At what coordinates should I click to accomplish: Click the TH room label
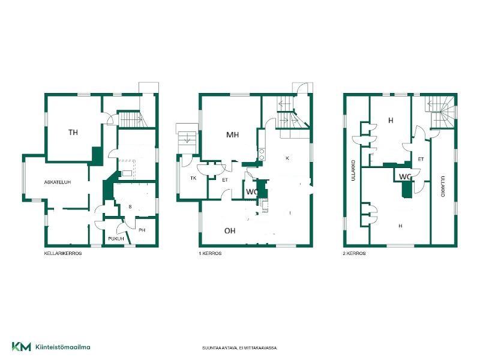coord(73,132)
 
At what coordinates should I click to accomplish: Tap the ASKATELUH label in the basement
coord(58,182)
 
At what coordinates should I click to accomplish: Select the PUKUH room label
coord(116,238)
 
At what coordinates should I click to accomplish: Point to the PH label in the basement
coord(142,230)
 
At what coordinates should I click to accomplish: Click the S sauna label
coord(130,207)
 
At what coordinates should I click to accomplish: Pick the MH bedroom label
coord(232,134)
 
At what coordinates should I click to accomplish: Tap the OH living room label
coord(230,231)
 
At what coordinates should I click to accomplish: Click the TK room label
coord(193,178)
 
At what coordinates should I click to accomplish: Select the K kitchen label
coord(287,158)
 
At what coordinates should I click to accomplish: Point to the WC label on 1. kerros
coord(252,192)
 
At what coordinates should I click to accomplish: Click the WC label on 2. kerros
coord(405,176)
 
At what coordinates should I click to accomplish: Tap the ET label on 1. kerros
coord(225,180)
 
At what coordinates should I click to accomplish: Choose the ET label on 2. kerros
coord(421,159)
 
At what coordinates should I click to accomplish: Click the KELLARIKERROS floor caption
coord(63,253)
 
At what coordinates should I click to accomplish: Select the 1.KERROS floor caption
coord(211,253)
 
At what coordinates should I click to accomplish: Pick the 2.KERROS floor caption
coord(355,253)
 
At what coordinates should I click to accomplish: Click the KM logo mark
coord(22,347)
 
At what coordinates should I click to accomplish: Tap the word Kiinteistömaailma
coord(63,347)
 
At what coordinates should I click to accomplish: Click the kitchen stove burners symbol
coord(262,155)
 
